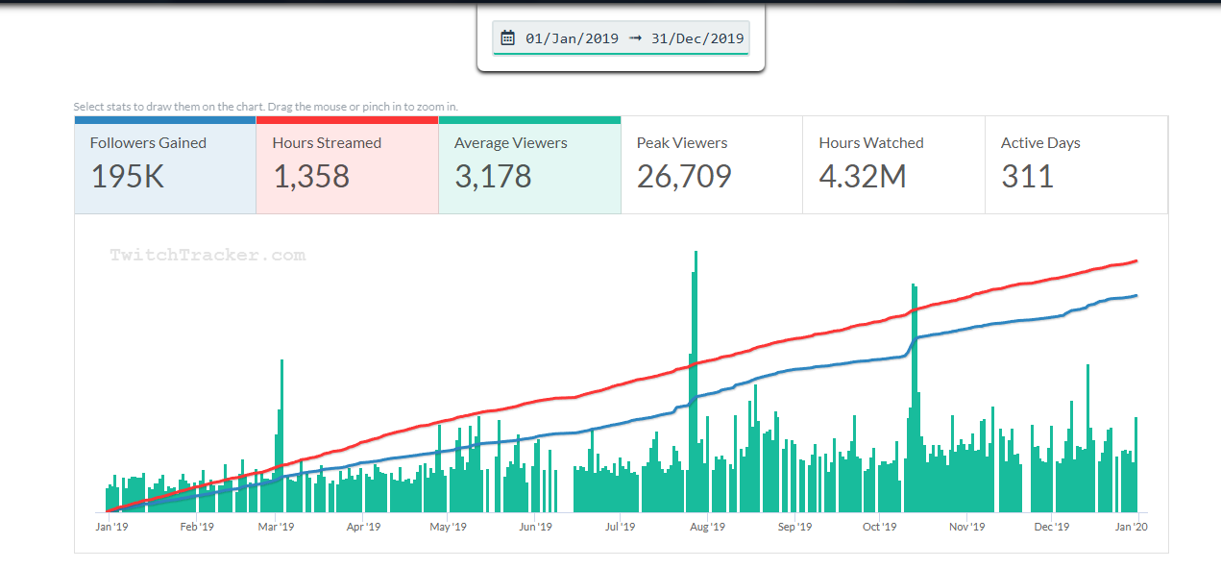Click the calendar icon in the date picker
[x=508, y=38]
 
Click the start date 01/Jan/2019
[x=572, y=38]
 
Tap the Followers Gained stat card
[x=165, y=164]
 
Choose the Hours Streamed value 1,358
[x=311, y=177]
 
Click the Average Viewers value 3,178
[x=493, y=177]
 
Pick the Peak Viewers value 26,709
[x=684, y=177]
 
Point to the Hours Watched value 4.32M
[x=863, y=177]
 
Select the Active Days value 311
[x=1027, y=177]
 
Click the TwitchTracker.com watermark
[x=208, y=256]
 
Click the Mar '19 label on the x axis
[x=276, y=527]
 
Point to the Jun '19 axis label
[x=535, y=527]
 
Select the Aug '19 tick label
[x=707, y=527]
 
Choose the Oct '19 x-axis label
[x=879, y=527]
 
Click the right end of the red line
[x=1136, y=260]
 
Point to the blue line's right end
[x=1136, y=295]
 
